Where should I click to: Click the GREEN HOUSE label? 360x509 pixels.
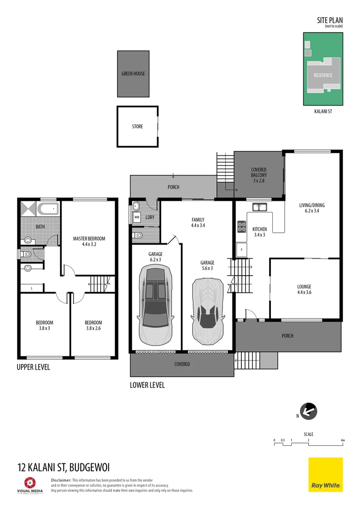click(133, 74)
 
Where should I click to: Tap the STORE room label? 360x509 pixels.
click(137, 126)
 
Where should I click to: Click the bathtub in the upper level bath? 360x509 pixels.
click(47, 209)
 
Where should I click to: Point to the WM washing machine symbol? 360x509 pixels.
click(137, 217)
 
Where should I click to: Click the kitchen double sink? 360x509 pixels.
click(259, 207)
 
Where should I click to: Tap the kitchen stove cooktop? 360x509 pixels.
click(242, 226)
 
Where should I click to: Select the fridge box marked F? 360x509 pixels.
click(242, 249)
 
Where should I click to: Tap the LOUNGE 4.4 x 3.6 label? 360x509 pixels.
click(304, 289)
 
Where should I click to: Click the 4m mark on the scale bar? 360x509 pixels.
click(343, 440)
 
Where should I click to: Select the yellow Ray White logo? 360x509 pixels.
click(326, 475)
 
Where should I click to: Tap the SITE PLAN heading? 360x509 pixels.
click(330, 20)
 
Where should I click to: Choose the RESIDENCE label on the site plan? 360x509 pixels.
click(323, 75)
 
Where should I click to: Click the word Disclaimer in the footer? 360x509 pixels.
click(61, 480)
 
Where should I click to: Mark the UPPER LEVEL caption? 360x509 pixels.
click(33, 367)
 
